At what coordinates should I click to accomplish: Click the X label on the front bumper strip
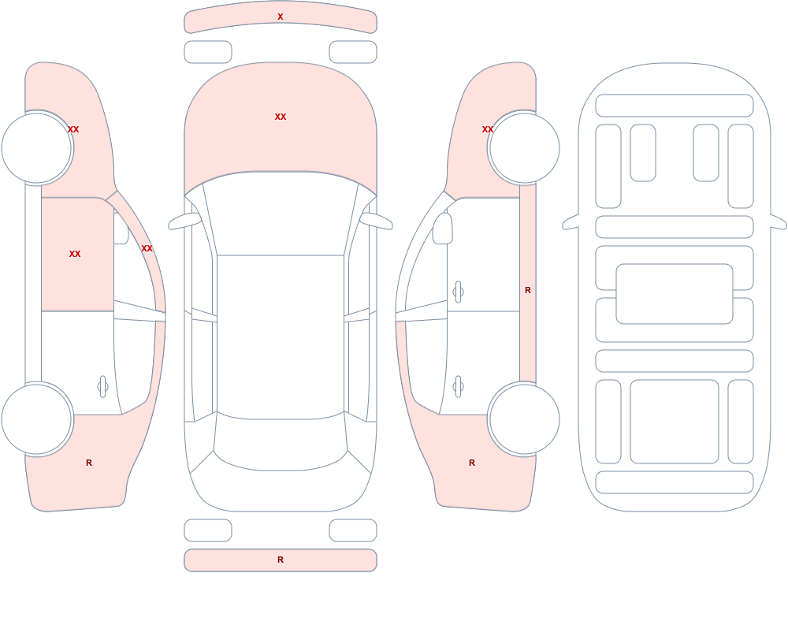(x=281, y=17)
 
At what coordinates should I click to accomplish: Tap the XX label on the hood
(x=281, y=117)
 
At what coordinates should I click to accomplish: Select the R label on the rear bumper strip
(x=281, y=560)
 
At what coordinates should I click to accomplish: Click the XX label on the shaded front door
(x=75, y=254)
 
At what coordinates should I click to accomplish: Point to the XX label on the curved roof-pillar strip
(x=147, y=248)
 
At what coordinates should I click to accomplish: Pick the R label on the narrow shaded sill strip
(x=528, y=290)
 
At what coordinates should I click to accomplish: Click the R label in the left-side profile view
(x=89, y=463)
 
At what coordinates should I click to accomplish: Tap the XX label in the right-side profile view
(x=488, y=129)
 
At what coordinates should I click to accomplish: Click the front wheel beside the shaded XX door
(x=37, y=148)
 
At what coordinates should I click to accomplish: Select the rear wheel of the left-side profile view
(x=37, y=419)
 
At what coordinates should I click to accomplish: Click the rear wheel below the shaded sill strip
(x=524, y=419)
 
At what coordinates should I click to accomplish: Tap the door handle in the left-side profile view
(x=102, y=387)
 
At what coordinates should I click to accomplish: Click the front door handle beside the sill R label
(x=458, y=292)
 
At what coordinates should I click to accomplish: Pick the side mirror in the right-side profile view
(x=443, y=229)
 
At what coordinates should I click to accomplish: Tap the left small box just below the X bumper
(x=208, y=52)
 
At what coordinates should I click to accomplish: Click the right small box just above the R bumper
(x=353, y=530)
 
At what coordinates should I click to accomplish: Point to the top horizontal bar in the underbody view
(x=675, y=106)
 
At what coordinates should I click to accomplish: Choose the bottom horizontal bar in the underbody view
(x=675, y=482)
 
